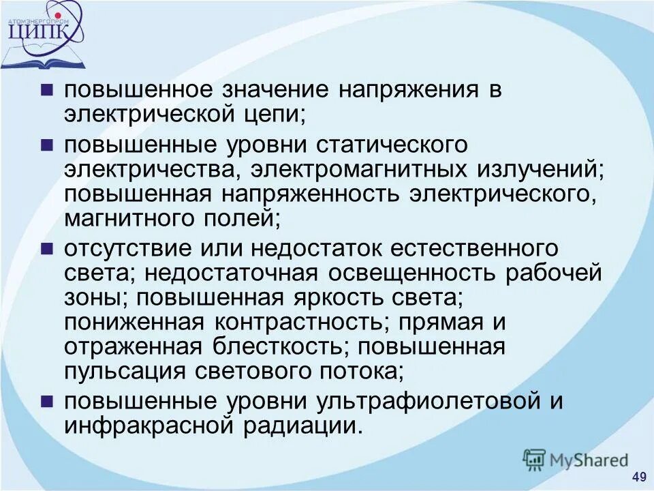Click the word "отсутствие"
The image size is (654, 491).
click(132, 249)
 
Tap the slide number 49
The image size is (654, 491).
click(639, 476)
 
